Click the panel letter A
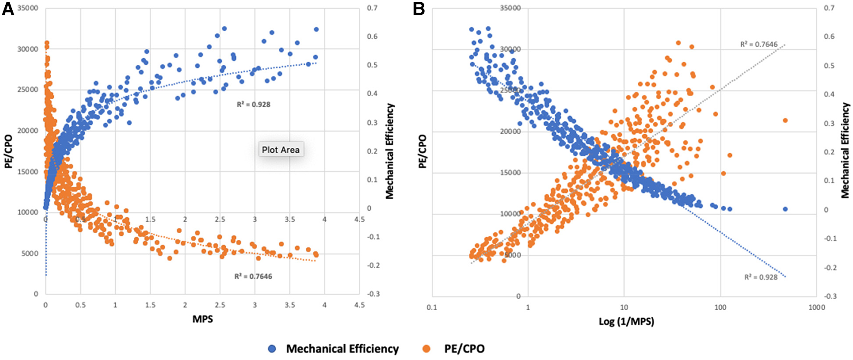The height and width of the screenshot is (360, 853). pos(8,9)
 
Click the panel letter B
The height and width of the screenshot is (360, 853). pos(419,9)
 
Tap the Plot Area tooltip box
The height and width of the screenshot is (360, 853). pos(280,150)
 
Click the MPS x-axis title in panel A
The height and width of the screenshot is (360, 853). pos(203,319)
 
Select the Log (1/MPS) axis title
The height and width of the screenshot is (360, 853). pos(626,322)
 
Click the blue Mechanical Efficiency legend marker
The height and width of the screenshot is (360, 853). pos(272,349)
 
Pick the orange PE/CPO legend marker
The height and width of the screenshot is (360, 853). pos(426,349)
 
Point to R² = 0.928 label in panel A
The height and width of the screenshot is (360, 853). pos(253,105)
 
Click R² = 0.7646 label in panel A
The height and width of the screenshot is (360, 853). pos(253,276)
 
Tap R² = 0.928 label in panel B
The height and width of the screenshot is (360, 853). pos(761,277)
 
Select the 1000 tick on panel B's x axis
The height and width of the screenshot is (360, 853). pos(816,308)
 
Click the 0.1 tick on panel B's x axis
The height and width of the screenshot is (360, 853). pos(432,308)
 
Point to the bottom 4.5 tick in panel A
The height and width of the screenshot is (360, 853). pos(359,305)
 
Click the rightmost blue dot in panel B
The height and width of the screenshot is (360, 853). pos(785,209)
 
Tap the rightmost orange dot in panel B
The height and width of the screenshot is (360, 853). pos(785,120)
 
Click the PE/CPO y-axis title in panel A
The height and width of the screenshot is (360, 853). pos(7,152)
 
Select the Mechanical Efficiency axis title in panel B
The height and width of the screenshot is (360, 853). pos(845,150)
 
